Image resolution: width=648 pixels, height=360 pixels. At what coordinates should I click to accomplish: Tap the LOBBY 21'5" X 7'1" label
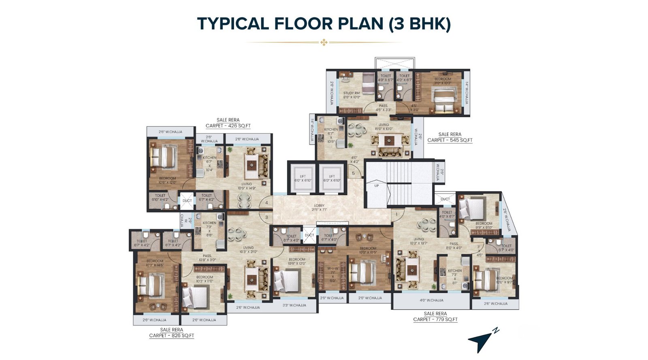[x=319, y=208]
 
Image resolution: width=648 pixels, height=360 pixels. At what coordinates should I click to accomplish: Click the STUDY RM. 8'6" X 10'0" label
[x=351, y=95]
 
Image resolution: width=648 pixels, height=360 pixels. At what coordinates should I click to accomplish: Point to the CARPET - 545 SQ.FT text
[x=450, y=140]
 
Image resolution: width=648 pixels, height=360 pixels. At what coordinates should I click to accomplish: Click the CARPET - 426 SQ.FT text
[x=228, y=126]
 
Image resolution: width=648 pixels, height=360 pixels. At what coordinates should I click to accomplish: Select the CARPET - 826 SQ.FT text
[x=171, y=335]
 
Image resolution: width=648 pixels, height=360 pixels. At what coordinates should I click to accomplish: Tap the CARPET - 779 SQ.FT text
[x=435, y=320]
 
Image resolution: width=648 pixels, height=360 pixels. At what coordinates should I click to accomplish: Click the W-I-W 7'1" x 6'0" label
[x=333, y=274]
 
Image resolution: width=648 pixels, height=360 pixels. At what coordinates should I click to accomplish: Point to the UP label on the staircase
[x=377, y=185]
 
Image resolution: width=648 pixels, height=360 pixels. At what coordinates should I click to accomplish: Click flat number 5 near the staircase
[x=353, y=173]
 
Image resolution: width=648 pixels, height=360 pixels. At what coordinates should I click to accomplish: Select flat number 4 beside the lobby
[x=266, y=203]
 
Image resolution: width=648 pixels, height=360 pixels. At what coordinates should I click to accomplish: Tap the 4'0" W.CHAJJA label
[x=431, y=300]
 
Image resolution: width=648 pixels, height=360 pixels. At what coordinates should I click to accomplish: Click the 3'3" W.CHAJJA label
[x=294, y=305]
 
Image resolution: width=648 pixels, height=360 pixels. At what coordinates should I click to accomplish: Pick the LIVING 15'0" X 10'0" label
[x=384, y=127]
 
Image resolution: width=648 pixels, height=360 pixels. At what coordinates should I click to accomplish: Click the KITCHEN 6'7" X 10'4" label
[x=209, y=164]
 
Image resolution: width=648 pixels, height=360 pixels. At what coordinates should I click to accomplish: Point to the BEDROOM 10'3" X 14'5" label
[x=155, y=263]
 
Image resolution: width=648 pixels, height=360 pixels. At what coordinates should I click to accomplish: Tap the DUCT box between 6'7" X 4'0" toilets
[x=309, y=235]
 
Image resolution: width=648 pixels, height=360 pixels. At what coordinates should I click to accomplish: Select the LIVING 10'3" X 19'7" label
[x=418, y=241]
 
